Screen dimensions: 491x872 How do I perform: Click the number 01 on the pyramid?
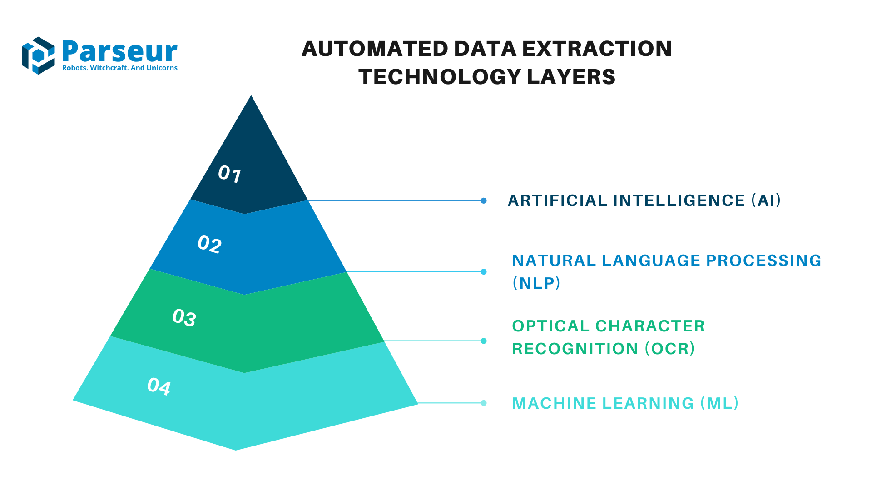point(229,174)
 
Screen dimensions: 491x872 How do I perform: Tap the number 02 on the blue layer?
point(209,245)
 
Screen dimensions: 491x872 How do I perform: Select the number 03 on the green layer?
point(184,317)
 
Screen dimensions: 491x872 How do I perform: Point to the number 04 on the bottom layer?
point(159,386)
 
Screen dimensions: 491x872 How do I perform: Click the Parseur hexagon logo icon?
point(38,55)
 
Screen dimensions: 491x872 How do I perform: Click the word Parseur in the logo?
point(119,51)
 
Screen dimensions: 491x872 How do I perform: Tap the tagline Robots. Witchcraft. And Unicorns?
point(119,68)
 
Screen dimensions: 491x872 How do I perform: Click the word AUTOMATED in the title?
point(375,49)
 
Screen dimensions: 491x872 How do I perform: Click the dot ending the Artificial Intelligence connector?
point(484,200)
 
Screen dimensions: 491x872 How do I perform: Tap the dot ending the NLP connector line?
point(484,272)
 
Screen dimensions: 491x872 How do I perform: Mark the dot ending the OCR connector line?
point(484,341)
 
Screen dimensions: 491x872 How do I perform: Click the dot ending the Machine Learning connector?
point(484,403)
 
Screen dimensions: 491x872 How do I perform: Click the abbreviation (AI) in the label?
point(766,200)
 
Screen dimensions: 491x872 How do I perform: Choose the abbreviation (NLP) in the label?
point(536,283)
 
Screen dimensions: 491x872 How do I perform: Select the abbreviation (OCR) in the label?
point(670,349)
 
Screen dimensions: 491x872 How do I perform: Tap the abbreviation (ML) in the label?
point(719,403)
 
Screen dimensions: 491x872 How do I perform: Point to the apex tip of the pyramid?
point(251,97)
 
